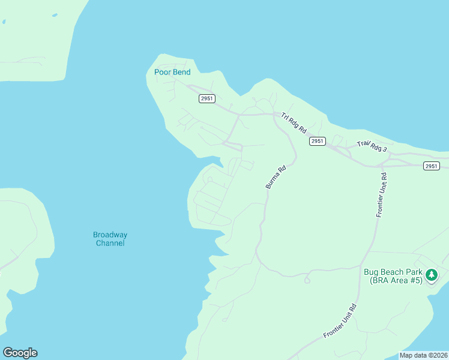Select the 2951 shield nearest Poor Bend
coord(206,99)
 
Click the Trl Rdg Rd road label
coord(294,122)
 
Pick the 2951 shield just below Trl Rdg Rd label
coord(318,141)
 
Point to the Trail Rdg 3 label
coord(372,145)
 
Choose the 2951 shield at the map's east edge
coord(431,166)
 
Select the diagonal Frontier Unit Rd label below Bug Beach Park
coord(340,321)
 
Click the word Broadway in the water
coord(110,235)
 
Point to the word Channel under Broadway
coord(110,243)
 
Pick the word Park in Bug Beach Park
coord(414,272)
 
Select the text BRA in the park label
coord(379,280)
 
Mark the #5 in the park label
coord(415,280)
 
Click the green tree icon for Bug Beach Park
coord(431,275)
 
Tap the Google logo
coord(20,353)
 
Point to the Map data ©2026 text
coord(424,355)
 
